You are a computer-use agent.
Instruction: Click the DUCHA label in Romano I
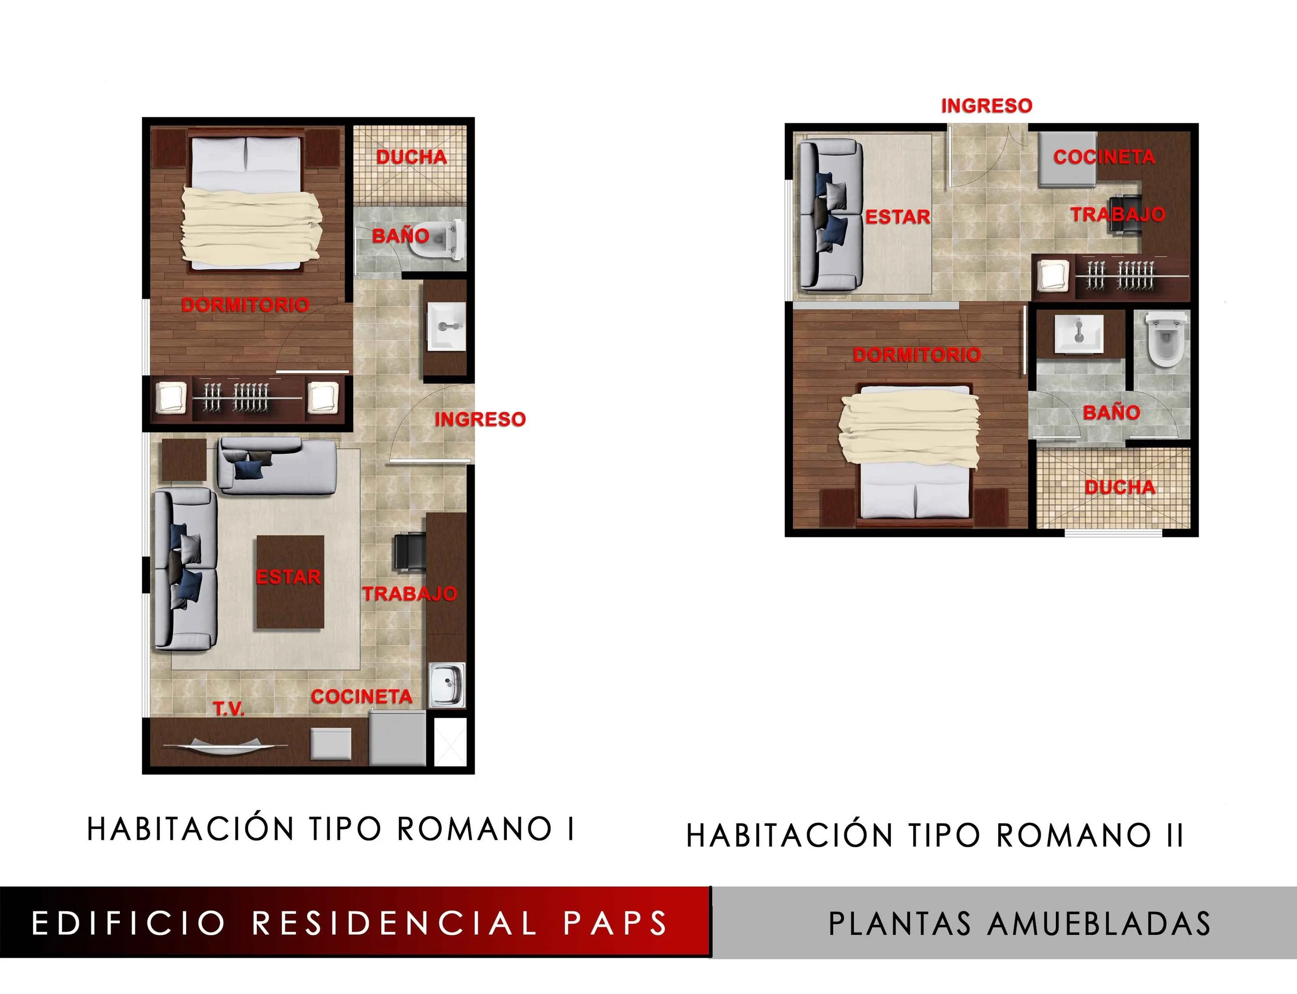point(411,157)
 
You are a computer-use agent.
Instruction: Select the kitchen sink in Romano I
point(447,685)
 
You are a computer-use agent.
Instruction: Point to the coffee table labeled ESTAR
point(290,582)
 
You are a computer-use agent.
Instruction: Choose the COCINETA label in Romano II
point(1103,157)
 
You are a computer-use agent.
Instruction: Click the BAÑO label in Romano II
point(1111,412)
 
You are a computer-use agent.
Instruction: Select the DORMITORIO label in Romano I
point(245,305)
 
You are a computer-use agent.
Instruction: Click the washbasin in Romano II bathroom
point(1079,334)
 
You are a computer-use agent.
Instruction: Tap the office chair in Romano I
point(409,551)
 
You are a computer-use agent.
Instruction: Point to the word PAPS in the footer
point(615,923)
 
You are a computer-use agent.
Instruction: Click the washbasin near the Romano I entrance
point(447,326)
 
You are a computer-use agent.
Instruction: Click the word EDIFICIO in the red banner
point(128,923)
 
